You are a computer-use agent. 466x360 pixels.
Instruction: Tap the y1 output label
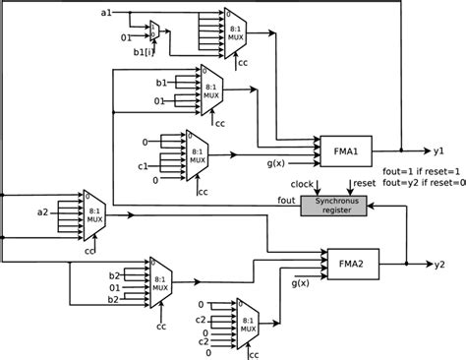coord(438,152)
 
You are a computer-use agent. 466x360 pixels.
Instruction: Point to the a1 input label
coord(107,11)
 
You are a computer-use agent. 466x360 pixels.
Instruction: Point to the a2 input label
coord(41,211)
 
